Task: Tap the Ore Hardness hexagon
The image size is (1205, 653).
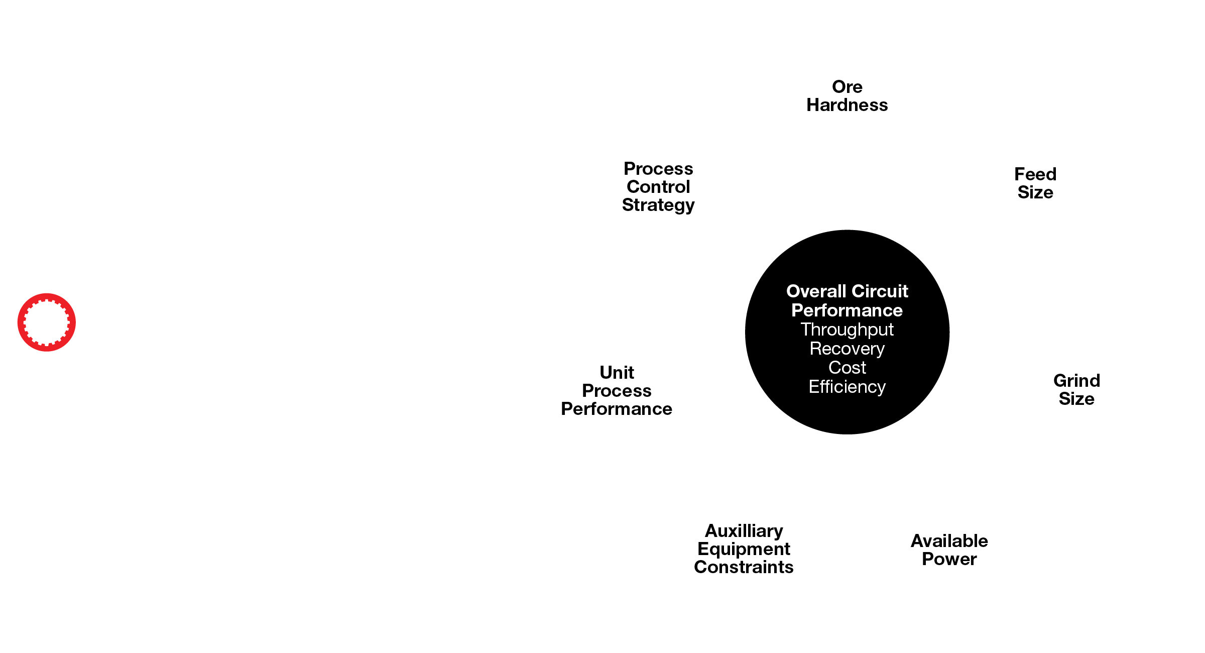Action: [x=847, y=98]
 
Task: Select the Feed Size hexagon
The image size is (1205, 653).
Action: [x=1035, y=183]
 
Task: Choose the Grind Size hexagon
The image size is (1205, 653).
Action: [x=1076, y=390]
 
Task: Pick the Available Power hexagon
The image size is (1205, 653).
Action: [x=948, y=549]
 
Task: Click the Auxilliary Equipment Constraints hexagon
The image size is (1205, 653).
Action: [x=744, y=549]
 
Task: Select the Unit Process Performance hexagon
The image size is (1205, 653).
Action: [x=617, y=390]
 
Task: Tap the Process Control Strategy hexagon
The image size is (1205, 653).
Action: [x=658, y=184]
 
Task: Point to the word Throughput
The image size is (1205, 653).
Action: [x=847, y=330]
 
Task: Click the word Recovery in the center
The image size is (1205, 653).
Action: [x=847, y=349]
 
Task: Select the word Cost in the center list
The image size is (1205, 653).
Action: [x=847, y=368]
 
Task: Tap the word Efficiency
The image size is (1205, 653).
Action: [x=847, y=387]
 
